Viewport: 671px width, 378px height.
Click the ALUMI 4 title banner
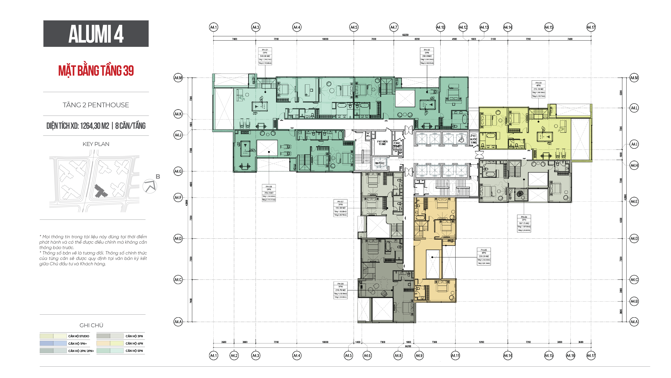96,34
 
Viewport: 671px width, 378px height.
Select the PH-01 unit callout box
265,56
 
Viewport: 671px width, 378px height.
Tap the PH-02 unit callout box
427,56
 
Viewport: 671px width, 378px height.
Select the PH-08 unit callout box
269,193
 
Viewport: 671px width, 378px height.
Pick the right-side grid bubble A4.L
634,108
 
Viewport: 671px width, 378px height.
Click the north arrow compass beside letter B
150,186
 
